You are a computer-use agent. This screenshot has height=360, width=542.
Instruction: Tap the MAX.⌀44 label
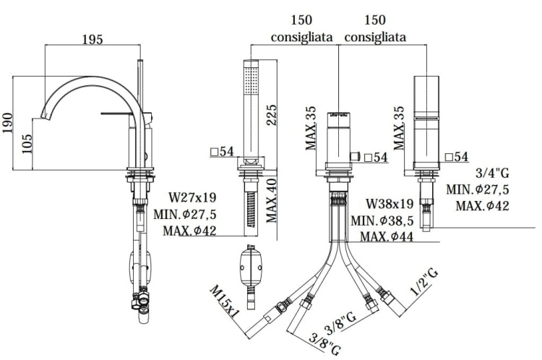point(387,237)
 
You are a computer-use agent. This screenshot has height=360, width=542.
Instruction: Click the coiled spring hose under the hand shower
point(250,209)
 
